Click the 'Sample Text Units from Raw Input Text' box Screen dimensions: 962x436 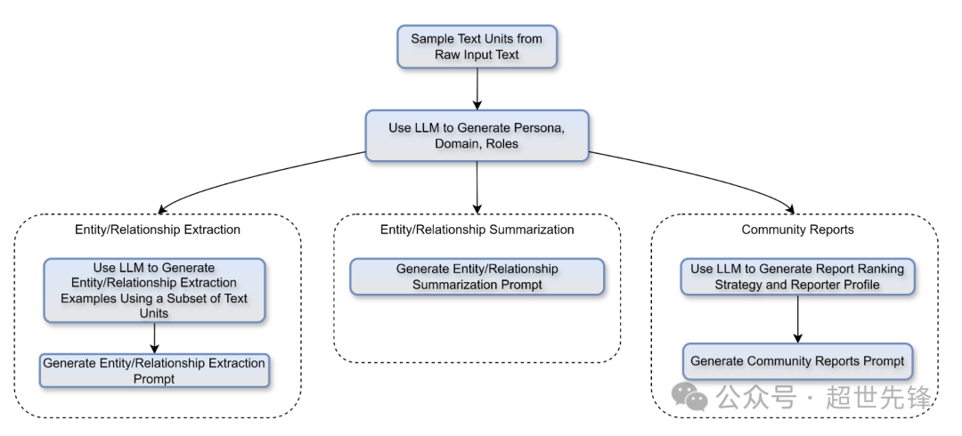point(477,46)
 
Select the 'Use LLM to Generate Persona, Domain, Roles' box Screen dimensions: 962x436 point(477,135)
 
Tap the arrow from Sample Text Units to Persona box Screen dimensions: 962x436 point(477,89)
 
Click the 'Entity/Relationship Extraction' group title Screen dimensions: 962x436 point(158,230)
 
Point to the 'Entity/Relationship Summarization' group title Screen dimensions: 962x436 point(477,230)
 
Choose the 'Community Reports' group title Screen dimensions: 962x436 point(797,230)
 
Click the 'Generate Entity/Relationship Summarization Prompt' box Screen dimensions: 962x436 point(477,277)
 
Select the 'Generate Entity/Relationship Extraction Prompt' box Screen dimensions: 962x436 point(155,370)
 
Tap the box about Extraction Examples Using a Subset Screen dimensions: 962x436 point(154,290)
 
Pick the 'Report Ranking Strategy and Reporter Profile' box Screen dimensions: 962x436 point(797,277)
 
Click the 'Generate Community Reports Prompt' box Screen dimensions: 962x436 point(797,361)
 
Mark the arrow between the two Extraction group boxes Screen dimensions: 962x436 point(154,338)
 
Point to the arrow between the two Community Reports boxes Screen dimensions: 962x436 point(797,319)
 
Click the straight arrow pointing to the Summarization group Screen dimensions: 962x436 point(477,187)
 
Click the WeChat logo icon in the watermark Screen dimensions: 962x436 point(689,396)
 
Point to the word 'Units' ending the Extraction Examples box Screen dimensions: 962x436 point(154,313)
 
